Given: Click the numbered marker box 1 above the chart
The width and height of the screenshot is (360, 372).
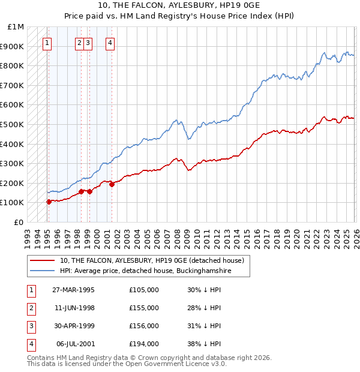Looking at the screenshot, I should pos(47,43).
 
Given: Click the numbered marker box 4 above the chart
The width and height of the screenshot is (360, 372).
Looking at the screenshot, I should pos(111,43).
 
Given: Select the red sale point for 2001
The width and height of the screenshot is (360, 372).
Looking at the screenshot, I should pos(112,184).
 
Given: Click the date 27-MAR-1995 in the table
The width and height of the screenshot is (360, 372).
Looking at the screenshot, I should pos(73,290).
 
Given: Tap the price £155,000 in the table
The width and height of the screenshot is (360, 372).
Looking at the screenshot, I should pos(144,308).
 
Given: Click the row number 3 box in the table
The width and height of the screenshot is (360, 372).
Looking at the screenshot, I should pos(31,326).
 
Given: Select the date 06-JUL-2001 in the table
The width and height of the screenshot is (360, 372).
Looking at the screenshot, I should pos(74,344).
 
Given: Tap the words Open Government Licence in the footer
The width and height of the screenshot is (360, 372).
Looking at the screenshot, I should pos(178,364).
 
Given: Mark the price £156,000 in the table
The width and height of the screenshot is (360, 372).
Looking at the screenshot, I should pos(144,326).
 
